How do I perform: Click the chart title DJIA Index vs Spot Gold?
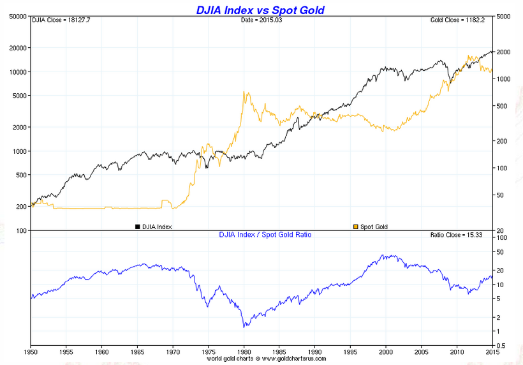tap(260, 10)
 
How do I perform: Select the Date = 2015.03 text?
tap(260, 20)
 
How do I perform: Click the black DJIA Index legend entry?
tap(153, 227)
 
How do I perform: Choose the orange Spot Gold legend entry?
tap(371, 227)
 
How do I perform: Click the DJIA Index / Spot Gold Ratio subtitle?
tap(265, 235)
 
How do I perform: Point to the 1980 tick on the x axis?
tap(243, 351)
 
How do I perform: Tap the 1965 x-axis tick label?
tap(137, 351)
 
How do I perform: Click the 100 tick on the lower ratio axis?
tap(501, 237)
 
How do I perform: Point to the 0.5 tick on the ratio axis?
tap(501, 345)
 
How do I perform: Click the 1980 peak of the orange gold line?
tap(244, 92)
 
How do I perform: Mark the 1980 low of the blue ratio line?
tap(244, 327)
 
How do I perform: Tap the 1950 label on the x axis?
tap(31, 351)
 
